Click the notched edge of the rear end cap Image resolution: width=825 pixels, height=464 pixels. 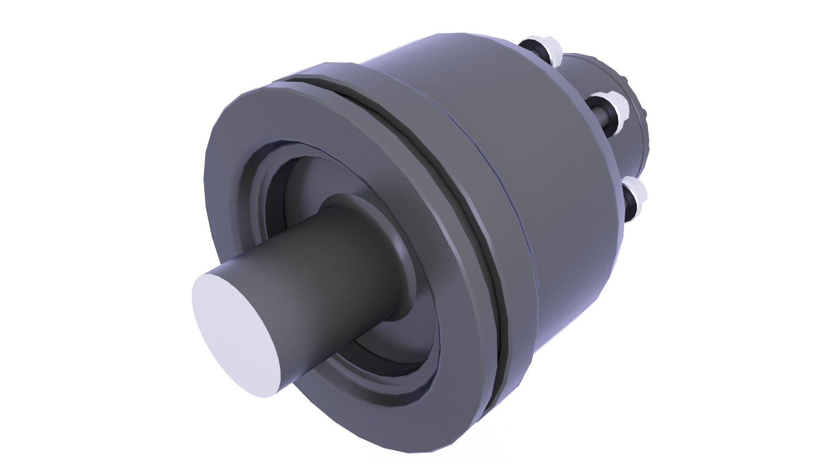[x=642, y=112]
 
